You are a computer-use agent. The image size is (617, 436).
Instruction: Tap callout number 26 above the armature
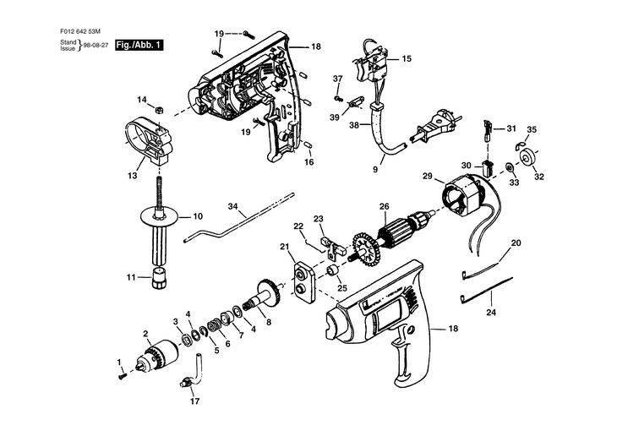pos(384,206)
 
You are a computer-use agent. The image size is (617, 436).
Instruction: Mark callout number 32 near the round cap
pos(538,177)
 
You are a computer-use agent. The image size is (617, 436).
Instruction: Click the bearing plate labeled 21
pos(303,278)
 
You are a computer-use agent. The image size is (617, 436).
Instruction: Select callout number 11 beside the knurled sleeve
pos(131,277)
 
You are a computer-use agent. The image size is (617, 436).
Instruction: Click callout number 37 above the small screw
pos(337,79)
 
